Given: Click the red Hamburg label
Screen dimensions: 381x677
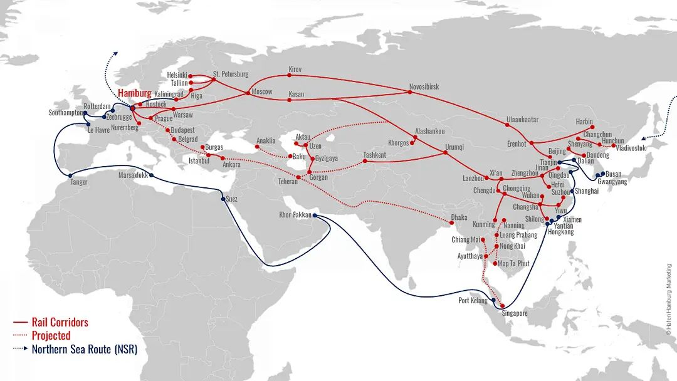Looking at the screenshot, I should (134, 93).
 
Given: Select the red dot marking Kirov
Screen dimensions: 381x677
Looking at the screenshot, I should (290, 75).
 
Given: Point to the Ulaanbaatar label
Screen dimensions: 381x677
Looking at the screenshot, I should (522, 120).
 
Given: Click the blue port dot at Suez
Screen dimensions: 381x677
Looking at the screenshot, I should (223, 199).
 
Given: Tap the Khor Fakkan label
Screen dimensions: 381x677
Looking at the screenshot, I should (295, 215).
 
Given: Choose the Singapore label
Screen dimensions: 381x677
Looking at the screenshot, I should (513, 313).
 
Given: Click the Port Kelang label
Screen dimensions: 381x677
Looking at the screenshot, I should (473, 301).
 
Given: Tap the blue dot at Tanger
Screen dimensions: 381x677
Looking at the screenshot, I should (71, 175).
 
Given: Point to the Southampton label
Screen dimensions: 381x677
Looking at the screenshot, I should (66, 113).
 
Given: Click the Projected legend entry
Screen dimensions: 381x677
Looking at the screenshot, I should (51, 336).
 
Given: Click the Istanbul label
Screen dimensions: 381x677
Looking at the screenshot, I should (199, 161).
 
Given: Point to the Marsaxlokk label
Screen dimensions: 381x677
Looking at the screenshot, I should (133, 175).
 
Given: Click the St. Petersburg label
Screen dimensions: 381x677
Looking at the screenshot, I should (231, 74).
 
